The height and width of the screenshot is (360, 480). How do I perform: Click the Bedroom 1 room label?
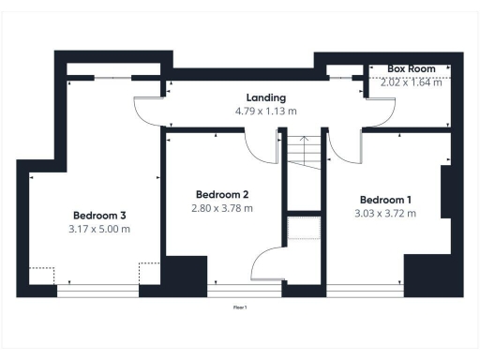click(385, 200)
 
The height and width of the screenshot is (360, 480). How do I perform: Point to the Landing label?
click(265, 97)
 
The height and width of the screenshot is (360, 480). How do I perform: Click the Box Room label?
click(409, 69)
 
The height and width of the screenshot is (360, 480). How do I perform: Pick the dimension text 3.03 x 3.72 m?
click(386, 214)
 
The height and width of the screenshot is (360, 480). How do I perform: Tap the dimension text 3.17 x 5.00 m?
click(99, 229)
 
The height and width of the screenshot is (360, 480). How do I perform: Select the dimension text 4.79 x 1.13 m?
click(265, 111)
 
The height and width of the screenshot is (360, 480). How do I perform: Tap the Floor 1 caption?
click(240, 307)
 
